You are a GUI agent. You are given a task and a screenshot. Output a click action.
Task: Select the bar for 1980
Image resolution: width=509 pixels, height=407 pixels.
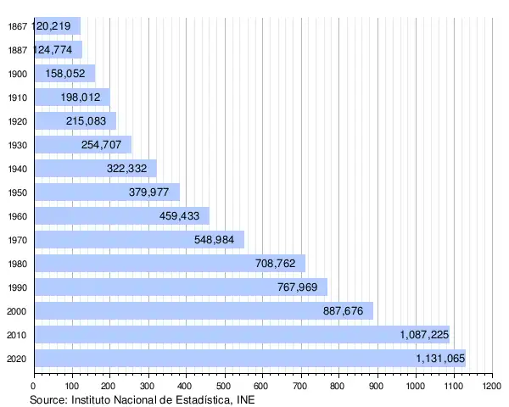170,263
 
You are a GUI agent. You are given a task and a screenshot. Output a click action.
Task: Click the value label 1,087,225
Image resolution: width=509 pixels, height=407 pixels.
424,335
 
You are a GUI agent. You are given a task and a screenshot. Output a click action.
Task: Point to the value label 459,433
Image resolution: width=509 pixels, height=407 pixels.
179,216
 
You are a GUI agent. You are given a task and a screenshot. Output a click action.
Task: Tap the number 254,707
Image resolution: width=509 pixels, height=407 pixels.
101,145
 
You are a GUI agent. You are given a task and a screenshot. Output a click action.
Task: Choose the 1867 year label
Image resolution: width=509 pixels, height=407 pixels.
16,26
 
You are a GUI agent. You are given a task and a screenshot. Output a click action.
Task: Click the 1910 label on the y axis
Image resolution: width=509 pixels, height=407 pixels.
16,98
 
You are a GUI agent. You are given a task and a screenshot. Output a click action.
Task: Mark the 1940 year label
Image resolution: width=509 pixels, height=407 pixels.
16,169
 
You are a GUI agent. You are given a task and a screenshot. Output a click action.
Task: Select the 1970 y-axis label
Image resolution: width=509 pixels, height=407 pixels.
16,240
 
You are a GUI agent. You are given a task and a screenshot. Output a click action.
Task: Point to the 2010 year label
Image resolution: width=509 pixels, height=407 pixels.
16,335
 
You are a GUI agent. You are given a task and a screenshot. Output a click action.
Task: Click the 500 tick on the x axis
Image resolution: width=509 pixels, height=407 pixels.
224,387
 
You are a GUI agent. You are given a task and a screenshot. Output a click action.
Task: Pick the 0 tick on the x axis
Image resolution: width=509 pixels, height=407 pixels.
34,387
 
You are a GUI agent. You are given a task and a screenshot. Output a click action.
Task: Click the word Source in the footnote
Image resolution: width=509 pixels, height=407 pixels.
48,399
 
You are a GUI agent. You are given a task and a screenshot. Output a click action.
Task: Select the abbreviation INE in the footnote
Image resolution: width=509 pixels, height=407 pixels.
243,399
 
